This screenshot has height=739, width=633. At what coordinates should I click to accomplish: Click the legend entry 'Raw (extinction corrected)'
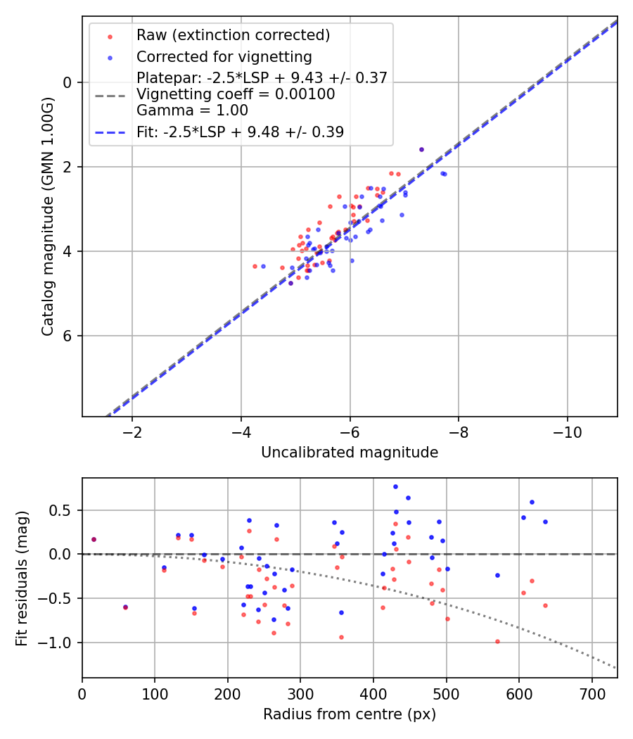(233, 35)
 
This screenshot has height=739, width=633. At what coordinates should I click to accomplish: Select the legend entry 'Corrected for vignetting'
(224, 56)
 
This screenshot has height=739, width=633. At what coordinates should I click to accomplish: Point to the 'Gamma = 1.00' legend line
(192, 110)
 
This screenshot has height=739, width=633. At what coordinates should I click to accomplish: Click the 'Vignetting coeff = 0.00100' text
(236, 94)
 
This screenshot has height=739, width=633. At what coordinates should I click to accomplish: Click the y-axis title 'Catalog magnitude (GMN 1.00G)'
(47, 216)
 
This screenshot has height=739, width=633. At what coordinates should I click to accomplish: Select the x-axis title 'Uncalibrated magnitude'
(350, 453)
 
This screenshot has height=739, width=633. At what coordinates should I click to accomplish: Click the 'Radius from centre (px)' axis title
(350, 714)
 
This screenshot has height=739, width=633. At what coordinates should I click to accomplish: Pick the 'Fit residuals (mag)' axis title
(22, 578)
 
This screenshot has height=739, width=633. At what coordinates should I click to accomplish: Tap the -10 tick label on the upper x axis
(567, 432)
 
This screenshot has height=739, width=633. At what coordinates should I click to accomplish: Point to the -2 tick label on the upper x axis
(132, 432)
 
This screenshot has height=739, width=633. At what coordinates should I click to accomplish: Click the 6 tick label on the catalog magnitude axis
(68, 336)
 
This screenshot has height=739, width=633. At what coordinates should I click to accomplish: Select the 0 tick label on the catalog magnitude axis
(68, 82)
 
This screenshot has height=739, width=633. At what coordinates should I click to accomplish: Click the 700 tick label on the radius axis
(592, 694)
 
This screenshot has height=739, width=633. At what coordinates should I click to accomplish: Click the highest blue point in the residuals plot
(395, 486)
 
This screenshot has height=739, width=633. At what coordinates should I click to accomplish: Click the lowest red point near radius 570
(497, 641)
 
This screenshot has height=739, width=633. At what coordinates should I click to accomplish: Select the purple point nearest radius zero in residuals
(94, 539)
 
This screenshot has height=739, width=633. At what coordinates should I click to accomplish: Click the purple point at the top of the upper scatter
(421, 149)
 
